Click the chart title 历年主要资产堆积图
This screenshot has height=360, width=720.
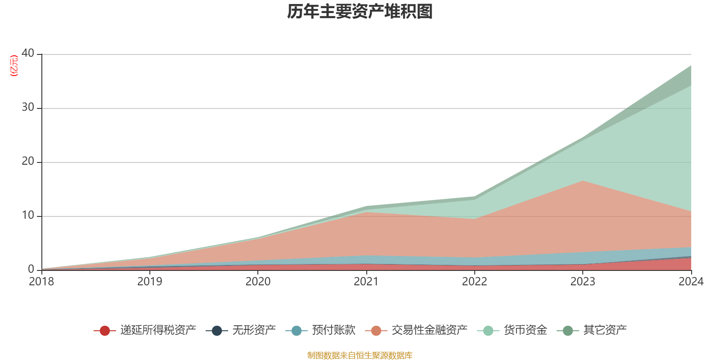click(360, 12)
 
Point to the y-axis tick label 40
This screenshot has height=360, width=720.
click(28, 53)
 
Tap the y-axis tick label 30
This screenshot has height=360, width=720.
click(28, 107)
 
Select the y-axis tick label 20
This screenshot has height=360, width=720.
click(28, 161)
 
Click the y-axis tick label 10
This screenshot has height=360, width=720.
click(28, 215)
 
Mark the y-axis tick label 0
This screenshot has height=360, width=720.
click(31, 269)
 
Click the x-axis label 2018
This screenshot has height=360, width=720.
click(41, 282)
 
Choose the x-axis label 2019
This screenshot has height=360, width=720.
click(149, 282)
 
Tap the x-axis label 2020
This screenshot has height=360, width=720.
click(258, 282)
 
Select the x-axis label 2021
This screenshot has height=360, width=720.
click(366, 282)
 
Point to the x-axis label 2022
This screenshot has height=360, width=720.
click(474, 282)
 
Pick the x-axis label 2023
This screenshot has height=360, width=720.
click(583, 282)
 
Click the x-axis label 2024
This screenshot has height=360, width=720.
click(691, 282)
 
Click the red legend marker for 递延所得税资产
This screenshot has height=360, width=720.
click(105, 331)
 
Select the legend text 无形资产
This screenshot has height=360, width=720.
click(254, 330)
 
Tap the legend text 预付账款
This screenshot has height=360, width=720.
click(333, 330)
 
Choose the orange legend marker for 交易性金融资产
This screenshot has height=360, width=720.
click(376, 331)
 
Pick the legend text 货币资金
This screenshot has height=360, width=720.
click(525, 330)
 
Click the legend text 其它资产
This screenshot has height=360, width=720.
click(605, 330)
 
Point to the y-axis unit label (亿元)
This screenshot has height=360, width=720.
click(14, 66)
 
